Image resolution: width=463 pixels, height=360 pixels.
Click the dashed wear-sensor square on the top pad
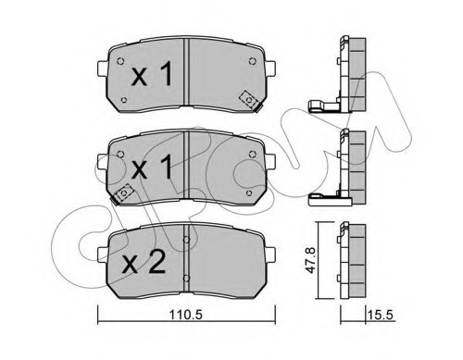tap(248, 97)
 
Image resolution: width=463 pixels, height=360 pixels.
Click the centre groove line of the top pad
tap(188, 74)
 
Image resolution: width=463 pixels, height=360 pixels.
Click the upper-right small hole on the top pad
tap(253, 63)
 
